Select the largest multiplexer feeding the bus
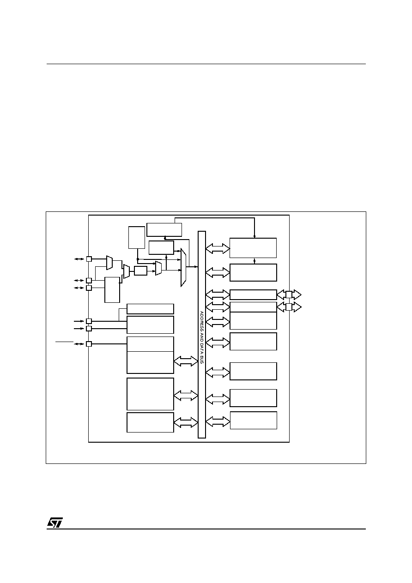click(183, 268)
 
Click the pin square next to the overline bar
click(89, 344)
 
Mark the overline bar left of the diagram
click(64, 342)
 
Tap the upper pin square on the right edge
click(289, 295)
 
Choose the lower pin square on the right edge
click(289, 307)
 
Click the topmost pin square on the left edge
click(89, 259)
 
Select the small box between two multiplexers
click(140, 270)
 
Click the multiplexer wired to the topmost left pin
click(109, 263)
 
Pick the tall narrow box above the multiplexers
click(137, 237)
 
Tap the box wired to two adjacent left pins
click(112, 290)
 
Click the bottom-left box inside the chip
click(150, 422)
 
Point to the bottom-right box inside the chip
click(254, 421)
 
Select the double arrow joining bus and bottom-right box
click(218, 421)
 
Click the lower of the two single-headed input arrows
click(79, 329)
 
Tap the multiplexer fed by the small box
click(158, 268)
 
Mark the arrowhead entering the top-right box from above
click(254, 236)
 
